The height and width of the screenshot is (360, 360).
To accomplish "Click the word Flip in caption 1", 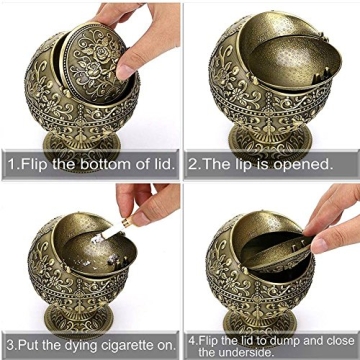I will [x=32, y=162].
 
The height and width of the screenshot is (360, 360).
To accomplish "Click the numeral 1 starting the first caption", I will [x=10, y=162].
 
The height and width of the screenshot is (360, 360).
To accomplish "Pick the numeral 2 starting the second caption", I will [x=192, y=162].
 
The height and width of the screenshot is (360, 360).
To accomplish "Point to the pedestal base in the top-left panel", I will [x=80, y=140].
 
